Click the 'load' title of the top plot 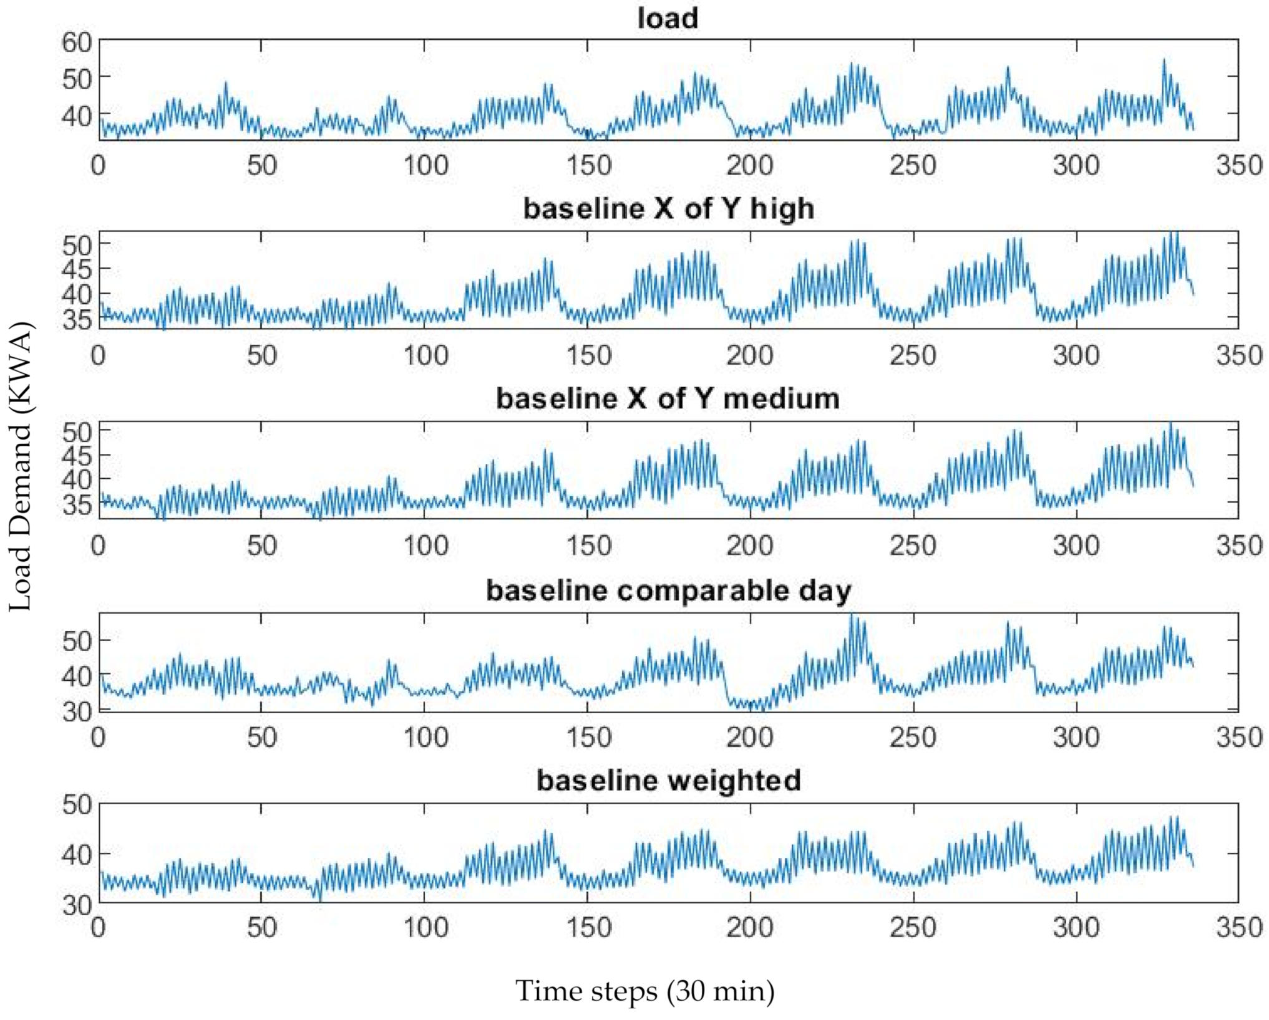(x=668, y=18)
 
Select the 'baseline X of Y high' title (x=668, y=208)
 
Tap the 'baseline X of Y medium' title (x=668, y=398)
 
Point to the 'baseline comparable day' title (x=668, y=590)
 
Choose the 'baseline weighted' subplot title (x=668, y=780)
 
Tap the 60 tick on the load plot (x=77, y=42)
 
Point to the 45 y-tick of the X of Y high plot (x=77, y=269)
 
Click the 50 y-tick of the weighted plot (x=77, y=805)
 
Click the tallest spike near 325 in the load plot (x=1164, y=61)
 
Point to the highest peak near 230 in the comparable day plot (x=852, y=617)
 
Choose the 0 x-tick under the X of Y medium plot (x=99, y=546)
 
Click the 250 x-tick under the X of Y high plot (x=913, y=355)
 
